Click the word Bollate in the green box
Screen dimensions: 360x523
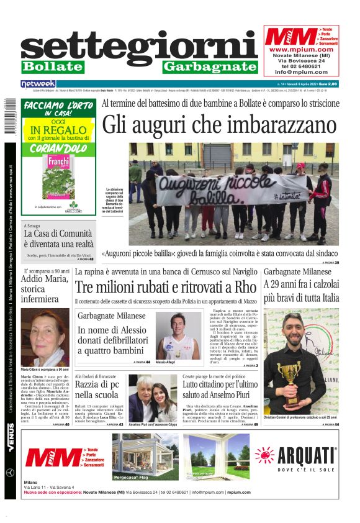pos(52,66)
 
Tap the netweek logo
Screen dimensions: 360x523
pos(38,83)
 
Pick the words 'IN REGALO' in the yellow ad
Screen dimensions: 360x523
pos(58,130)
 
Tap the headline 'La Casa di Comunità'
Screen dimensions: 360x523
pos(58,234)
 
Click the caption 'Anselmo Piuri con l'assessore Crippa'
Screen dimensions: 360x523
pos(153,424)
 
